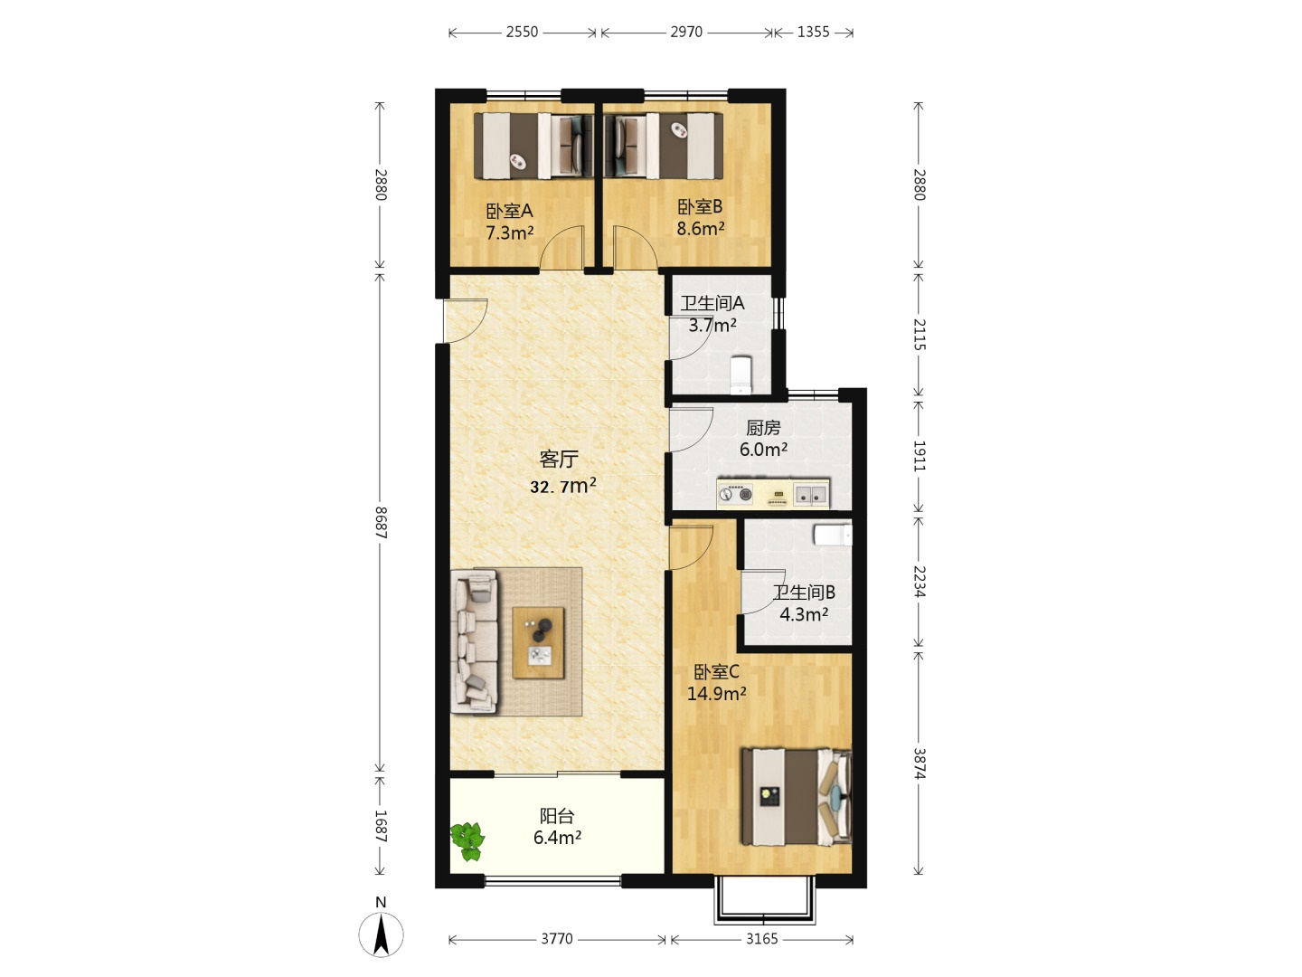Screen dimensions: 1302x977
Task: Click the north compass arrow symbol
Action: click(x=381, y=934)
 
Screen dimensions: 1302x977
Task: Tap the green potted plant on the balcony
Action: click(x=468, y=840)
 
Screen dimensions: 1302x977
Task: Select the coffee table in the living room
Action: click(x=538, y=642)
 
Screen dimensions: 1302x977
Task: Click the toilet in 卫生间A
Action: click(x=741, y=375)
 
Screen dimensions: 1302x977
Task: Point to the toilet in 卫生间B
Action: click(x=833, y=535)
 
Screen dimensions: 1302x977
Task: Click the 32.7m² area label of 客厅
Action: click(x=563, y=487)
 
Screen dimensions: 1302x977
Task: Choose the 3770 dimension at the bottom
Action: click(x=557, y=938)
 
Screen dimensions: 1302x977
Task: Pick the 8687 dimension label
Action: click(x=381, y=523)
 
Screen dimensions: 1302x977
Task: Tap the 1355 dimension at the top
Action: click(x=813, y=32)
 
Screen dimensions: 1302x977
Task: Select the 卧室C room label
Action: click(x=716, y=672)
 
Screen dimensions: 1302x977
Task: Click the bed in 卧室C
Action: click(x=797, y=797)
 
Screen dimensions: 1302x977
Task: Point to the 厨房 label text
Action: click(x=763, y=427)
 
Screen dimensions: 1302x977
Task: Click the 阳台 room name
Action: click(x=557, y=816)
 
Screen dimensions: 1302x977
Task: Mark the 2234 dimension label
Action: click(x=919, y=582)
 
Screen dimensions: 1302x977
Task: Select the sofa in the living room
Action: click(x=474, y=641)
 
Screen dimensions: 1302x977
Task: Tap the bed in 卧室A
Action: click(x=533, y=146)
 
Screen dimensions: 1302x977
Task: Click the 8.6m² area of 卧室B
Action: click(x=701, y=228)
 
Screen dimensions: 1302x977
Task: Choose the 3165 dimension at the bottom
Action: click(x=761, y=938)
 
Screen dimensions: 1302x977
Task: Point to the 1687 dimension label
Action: click(x=381, y=826)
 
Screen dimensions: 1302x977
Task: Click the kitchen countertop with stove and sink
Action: click(x=773, y=494)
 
